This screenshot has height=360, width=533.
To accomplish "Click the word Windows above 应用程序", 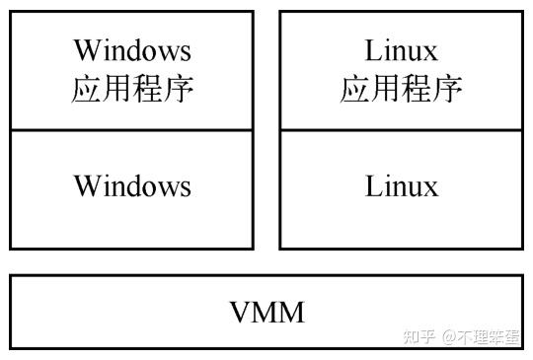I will pos(132,49).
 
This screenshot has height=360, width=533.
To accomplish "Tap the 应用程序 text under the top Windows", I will pos(132,89).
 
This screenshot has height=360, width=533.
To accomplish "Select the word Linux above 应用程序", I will pos(402,49).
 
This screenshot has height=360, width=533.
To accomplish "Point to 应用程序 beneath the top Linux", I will pos(402,89).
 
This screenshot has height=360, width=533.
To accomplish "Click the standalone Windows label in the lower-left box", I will pos(132,185).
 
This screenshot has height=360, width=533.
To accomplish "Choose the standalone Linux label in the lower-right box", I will pos(402,185).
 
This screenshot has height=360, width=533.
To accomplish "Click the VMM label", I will pos(266,313).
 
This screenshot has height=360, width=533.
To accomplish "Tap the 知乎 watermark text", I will pos(419,336).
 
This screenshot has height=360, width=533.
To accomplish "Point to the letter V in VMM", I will pos(240,313).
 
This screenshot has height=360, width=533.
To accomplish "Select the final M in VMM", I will pos(291,313).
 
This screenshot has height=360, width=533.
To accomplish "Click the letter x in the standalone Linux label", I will pos(430,187).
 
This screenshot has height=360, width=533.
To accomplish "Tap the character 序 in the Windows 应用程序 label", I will pos(178,89).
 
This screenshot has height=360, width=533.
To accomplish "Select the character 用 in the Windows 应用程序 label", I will pos(117,89).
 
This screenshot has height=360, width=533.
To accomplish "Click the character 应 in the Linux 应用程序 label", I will pos(355,89).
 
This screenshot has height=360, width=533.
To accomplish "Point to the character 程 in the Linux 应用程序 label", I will pos(417,89).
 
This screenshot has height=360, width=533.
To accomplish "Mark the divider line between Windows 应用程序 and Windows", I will pos(132,130).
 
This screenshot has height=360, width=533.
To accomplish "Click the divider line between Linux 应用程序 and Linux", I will pos(402,130).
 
